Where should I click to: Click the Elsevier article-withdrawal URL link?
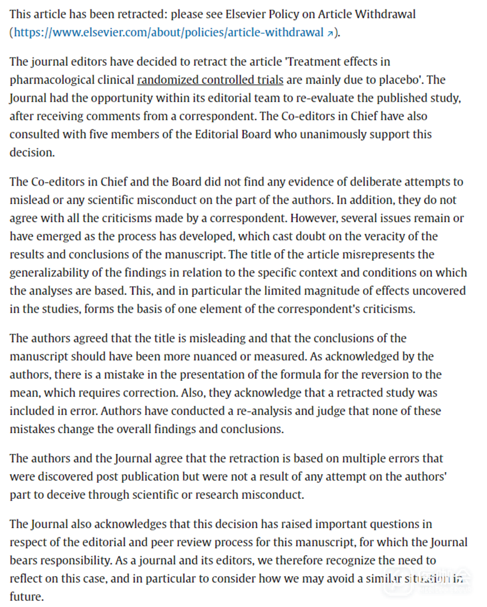(x=168, y=32)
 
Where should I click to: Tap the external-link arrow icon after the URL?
(x=330, y=33)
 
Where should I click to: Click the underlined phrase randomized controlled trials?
(x=210, y=79)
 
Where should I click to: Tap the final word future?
(x=25, y=596)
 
